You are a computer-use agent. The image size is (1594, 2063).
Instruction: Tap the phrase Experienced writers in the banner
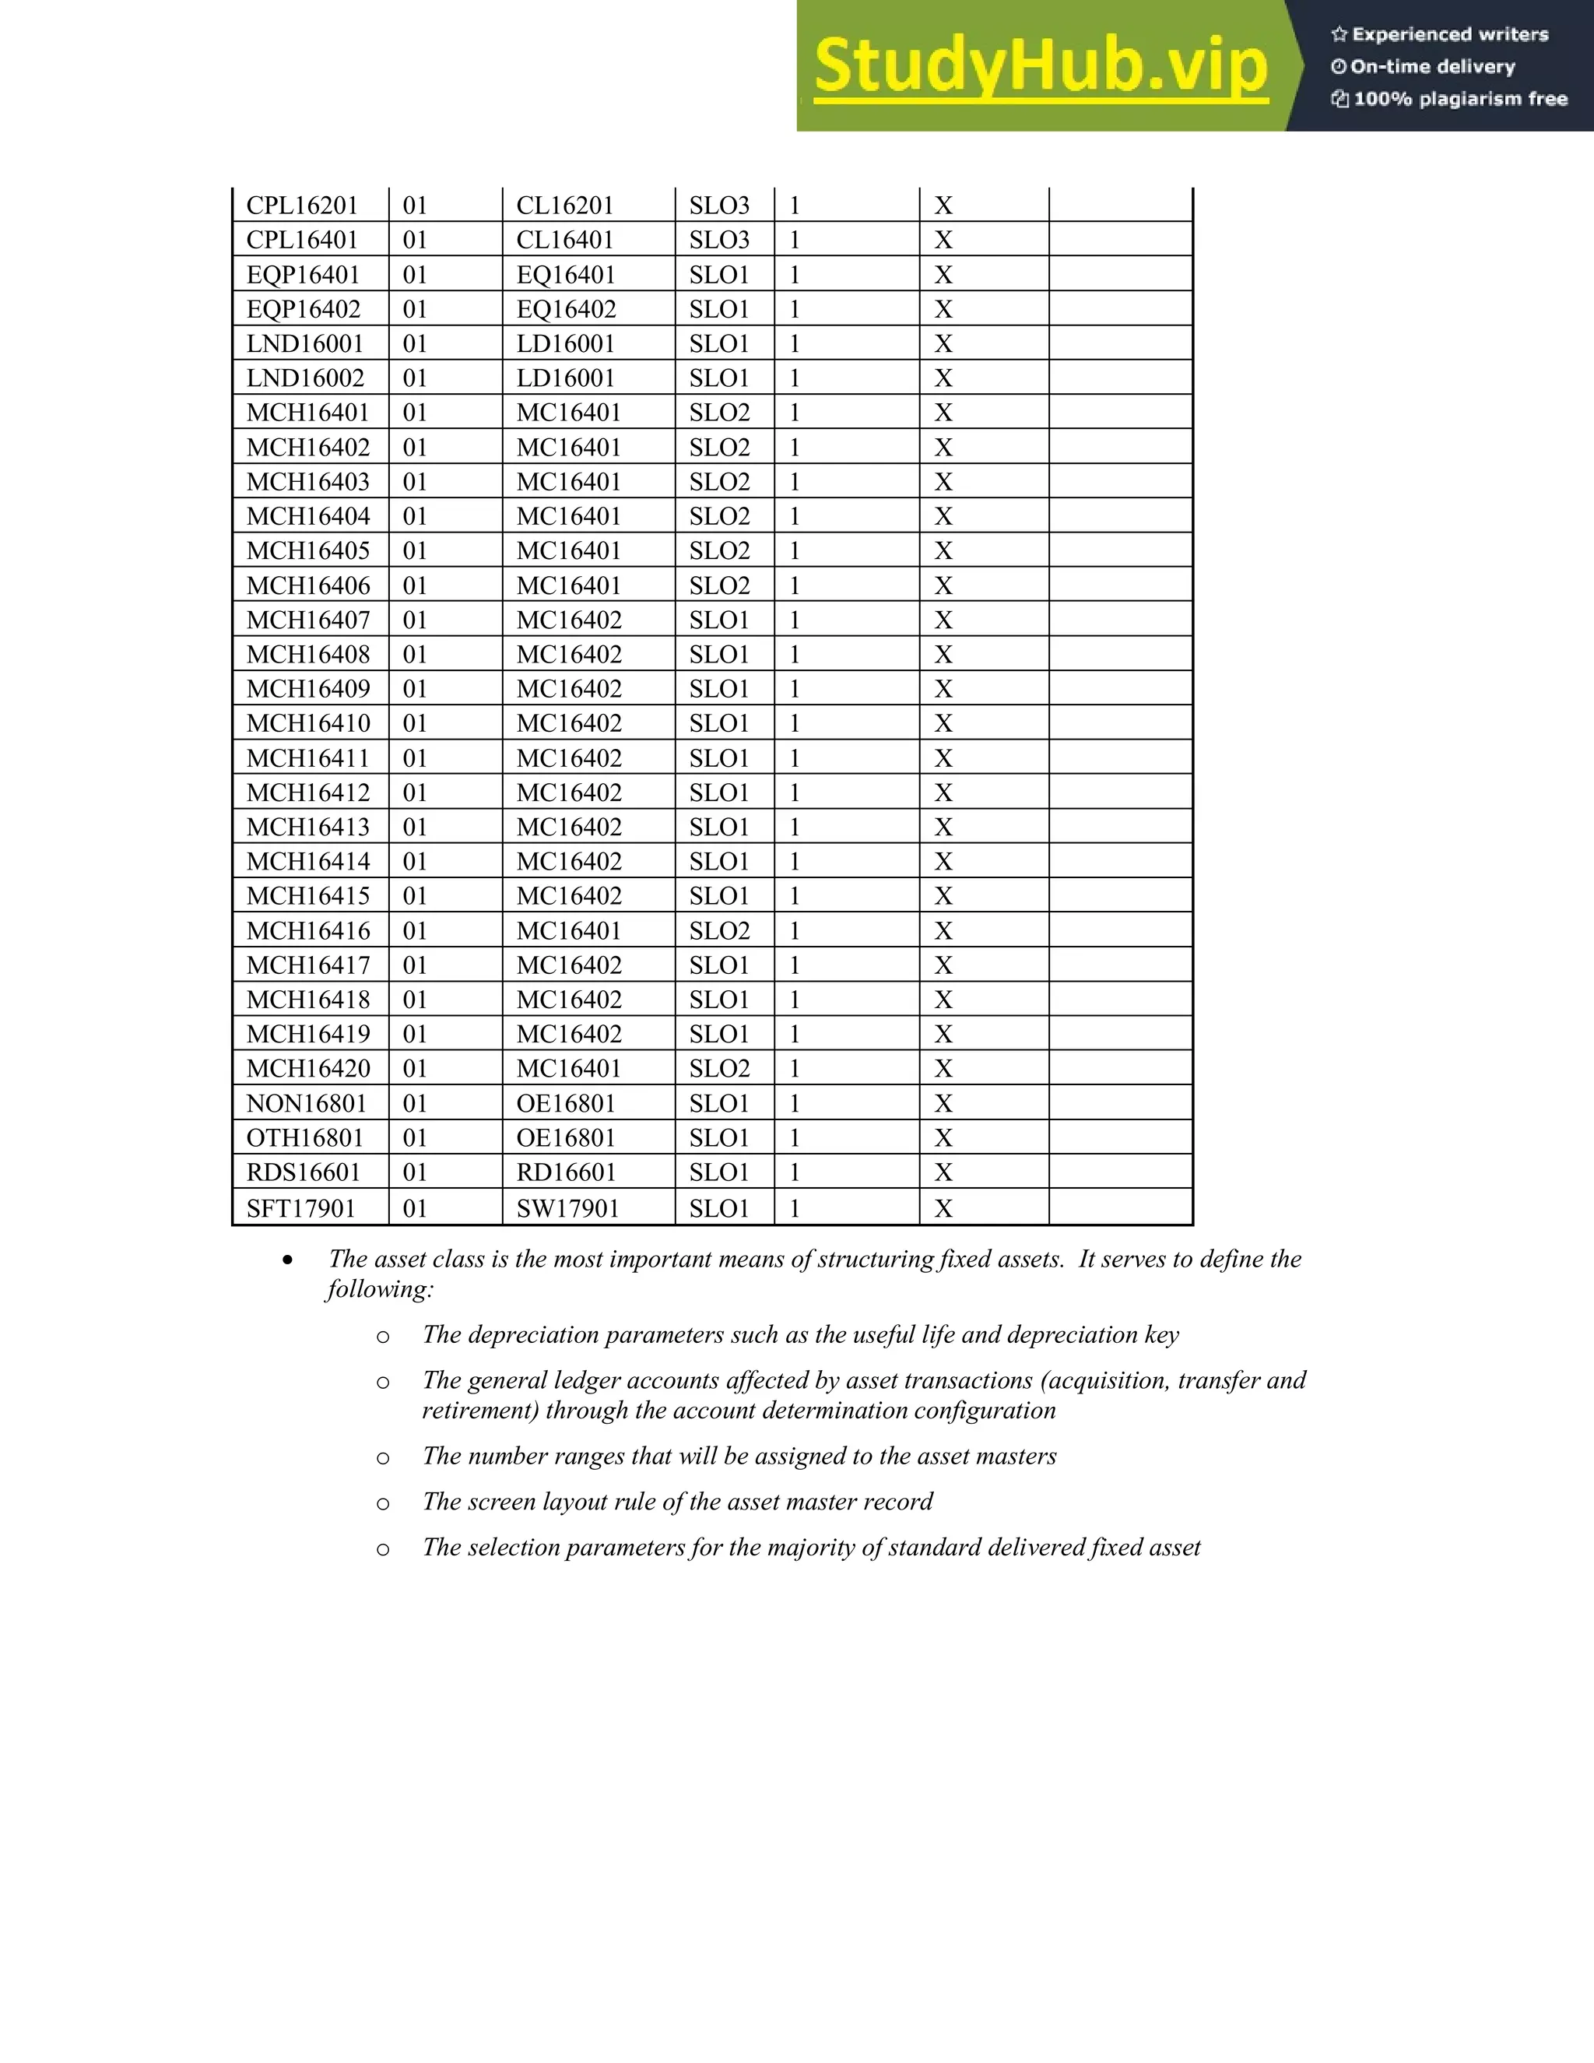coord(1449,35)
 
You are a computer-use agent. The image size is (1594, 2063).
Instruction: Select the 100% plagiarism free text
coord(1460,99)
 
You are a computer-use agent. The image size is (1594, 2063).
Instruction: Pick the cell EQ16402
coord(566,309)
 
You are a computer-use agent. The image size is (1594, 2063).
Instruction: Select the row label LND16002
coord(305,378)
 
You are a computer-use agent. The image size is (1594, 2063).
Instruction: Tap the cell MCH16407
coord(308,620)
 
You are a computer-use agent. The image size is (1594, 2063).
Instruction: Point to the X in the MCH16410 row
coord(943,723)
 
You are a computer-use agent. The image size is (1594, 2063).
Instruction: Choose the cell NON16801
coord(306,1103)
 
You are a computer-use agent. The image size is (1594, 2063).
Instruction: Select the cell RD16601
coord(566,1172)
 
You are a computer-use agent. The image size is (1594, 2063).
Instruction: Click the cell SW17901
coord(567,1208)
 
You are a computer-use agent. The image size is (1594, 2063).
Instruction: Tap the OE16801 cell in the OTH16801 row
coord(566,1137)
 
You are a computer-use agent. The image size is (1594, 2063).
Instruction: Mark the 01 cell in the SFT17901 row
coord(415,1208)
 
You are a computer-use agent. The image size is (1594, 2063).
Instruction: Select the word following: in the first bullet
coord(380,1289)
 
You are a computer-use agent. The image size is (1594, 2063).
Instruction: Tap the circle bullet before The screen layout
coord(382,1502)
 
